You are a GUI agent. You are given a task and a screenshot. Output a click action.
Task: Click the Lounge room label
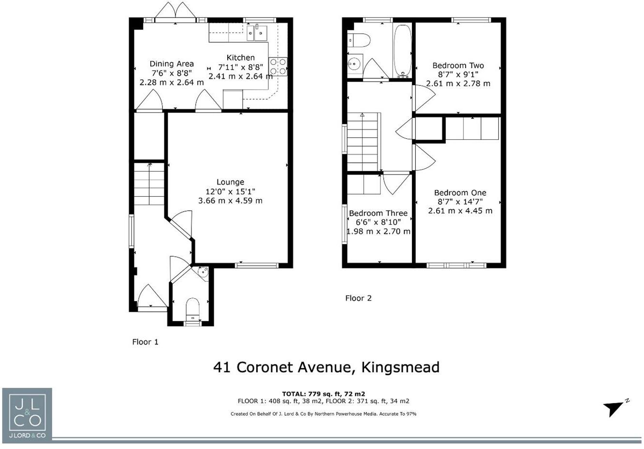pyautogui.click(x=230, y=182)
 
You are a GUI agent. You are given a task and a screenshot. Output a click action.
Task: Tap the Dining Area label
pyautogui.click(x=172, y=64)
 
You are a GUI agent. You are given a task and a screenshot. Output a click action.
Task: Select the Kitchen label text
pyautogui.click(x=240, y=58)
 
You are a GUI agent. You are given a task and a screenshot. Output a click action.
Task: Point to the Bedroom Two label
pyautogui.click(x=458, y=65)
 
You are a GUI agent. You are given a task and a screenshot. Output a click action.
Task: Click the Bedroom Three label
pyautogui.click(x=378, y=213)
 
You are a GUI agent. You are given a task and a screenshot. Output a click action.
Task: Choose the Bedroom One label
pyautogui.click(x=460, y=193)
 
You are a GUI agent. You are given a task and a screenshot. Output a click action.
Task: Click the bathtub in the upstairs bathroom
pyautogui.click(x=403, y=50)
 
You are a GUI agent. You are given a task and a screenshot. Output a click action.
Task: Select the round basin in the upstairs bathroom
pyautogui.click(x=355, y=63)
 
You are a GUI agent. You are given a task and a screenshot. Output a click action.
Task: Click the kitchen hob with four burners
pyautogui.click(x=278, y=67)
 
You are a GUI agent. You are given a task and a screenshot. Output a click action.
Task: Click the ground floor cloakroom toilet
pyautogui.click(x=192, y=308)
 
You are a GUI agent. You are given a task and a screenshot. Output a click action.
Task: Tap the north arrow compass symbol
pyautogui.click(x=615, y=408)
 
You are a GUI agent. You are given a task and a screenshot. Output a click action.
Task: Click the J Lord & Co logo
pyautogui.click(x=27, y=414)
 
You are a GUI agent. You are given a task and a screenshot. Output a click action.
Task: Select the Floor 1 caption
pyautogui.click(x=145, y=342)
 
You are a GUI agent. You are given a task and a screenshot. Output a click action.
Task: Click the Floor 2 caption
pyautogui.click(x=358, y=298)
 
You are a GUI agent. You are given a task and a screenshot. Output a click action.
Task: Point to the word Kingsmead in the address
pyautogui.click(x=400, y=367)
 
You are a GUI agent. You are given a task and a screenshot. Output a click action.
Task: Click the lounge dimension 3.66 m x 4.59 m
pyautogui.click(x=230, y=201)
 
